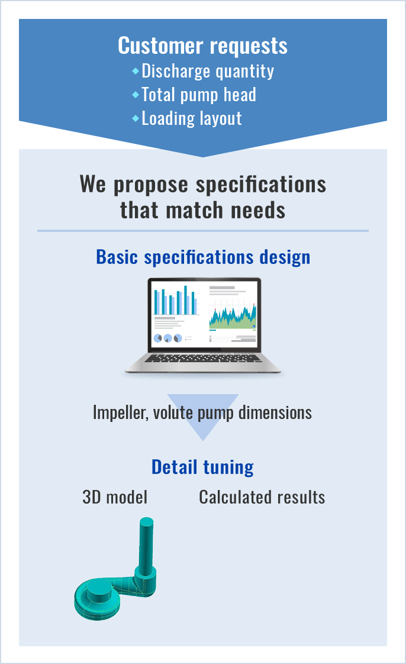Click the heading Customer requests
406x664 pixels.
click(x=203, y=46)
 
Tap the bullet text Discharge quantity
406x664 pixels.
click(x=208, y=71)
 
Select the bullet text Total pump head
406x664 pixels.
click(x=198, y=95)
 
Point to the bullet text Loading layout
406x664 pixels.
click(x=191, y=118)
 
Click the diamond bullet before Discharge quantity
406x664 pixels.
click(x=136, y=70)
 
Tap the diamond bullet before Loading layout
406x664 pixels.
click(x=136, y=118)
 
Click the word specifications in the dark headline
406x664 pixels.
click(x=261, y=185)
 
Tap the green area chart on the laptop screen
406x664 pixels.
click(x=233, y=316)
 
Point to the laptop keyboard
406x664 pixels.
click(x=203, y=358)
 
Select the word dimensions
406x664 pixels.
click(x=275, y=412)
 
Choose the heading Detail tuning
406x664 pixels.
click(x=203, y=468)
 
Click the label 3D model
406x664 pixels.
click(x=115, y=497)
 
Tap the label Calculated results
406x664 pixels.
click(x=262, y=497)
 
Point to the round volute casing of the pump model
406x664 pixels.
click(x=98, y=601)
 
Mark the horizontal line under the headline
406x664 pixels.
click(x=203, y=231)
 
